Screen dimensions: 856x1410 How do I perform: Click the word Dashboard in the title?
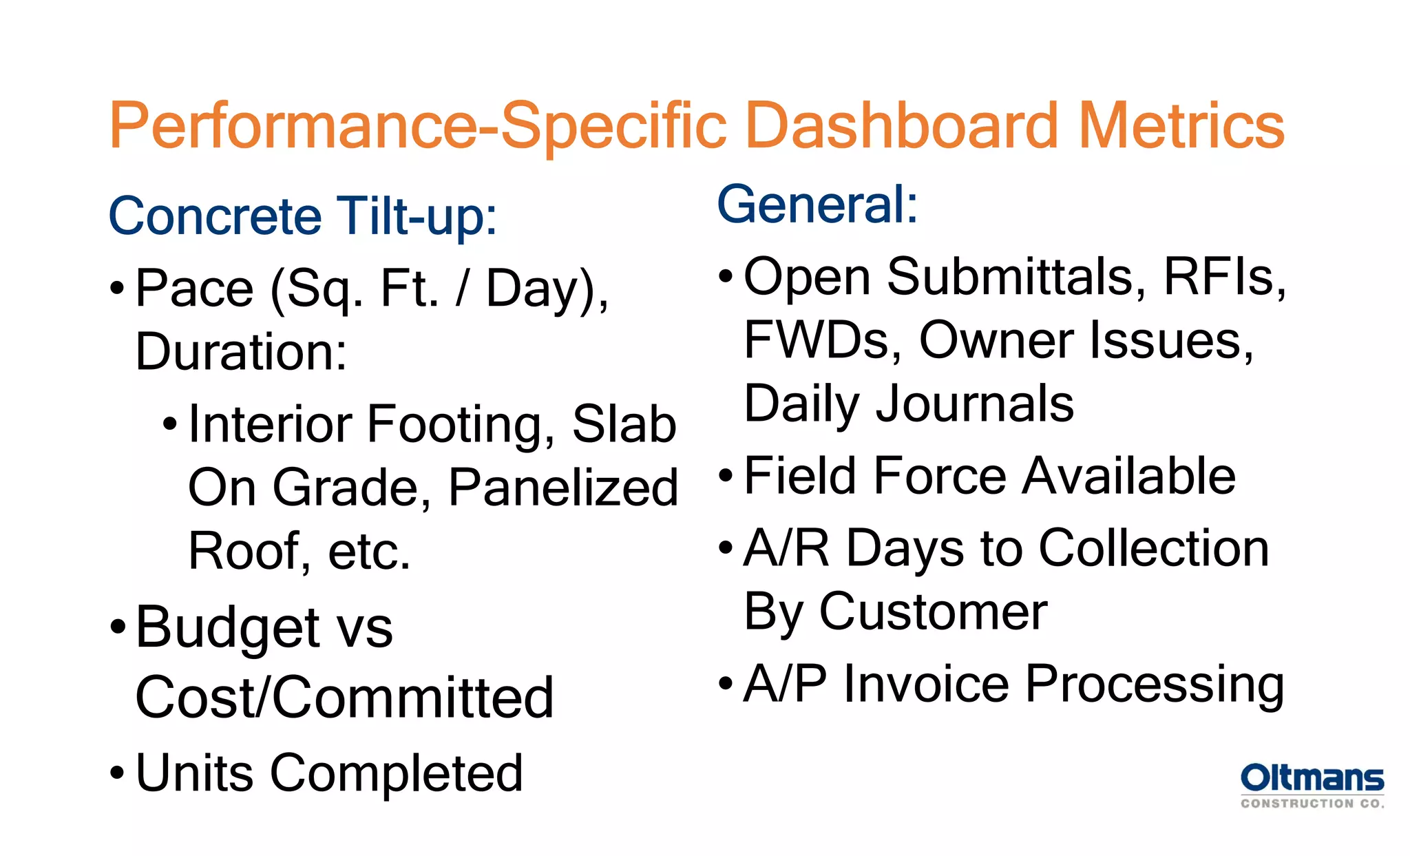tap(902, 125)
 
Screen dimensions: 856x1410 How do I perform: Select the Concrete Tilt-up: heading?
tap(303, 216)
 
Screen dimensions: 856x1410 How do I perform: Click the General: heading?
tap(817, 205)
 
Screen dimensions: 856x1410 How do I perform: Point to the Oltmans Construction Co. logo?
tap(1312, 785)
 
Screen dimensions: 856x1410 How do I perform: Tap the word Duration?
tap(241, 352)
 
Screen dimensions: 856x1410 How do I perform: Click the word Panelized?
tap(563, 488)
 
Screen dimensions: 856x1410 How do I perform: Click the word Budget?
tap(227, 628)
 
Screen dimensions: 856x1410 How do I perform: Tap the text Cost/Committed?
tap(344, 698)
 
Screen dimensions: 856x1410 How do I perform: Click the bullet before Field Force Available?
tap(726, 475)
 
